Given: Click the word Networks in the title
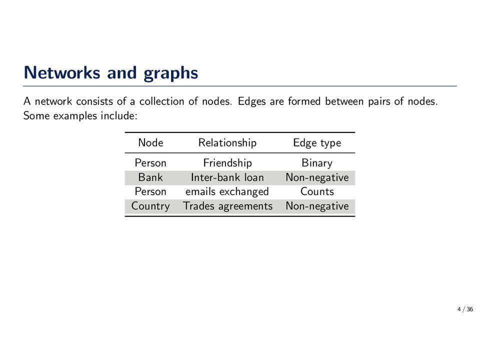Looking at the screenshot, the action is click(x=62, y=72).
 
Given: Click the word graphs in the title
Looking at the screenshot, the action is click(x=171, y=73).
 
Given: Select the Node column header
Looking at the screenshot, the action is click(x=150, y=142).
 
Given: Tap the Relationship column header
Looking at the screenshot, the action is click(x=227, y=142).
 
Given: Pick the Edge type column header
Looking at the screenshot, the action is click(x=317, y=143).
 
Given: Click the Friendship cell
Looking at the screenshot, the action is click(x=227, y=163).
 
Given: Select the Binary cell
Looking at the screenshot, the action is click(x=317, y=163).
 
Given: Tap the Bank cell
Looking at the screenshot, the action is click(x=150, y=177).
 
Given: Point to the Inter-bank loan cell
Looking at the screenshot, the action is click(x=227, y=177).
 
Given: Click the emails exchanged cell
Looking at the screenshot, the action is click(x=227, y=192).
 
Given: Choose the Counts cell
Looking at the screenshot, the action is click(x=317, y=191).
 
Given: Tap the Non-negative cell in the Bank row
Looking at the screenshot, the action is click(x=317, y=177).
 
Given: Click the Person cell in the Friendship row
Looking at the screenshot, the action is click(x=150, y=163).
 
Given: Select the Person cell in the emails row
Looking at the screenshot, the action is click(x=150, y=191).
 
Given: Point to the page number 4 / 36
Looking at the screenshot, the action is click(x=465, y=309).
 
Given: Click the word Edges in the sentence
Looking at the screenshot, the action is click(x=251, y=101).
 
